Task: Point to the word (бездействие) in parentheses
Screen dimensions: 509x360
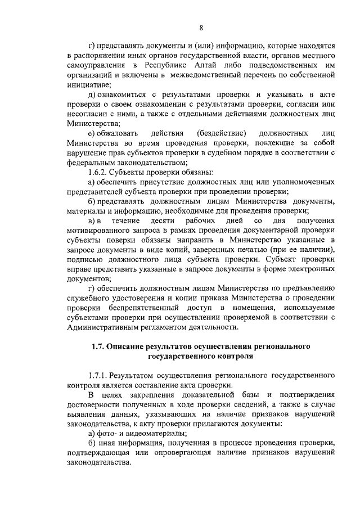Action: point(222,133)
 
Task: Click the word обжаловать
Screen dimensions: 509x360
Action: point(115,133)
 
